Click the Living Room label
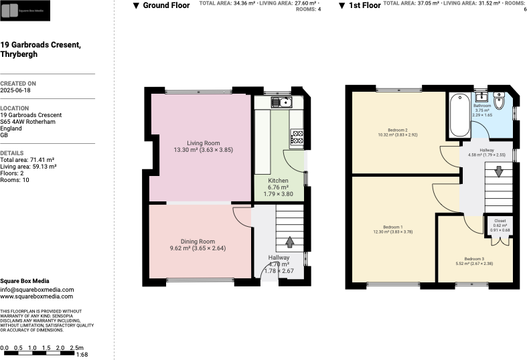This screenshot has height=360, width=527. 203,143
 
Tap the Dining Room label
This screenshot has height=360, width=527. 198,242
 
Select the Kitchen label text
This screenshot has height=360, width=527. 278,181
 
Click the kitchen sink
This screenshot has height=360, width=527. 281,102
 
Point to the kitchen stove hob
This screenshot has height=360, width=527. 297,139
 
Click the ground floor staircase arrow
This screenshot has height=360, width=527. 290,242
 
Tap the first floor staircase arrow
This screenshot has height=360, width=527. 498,172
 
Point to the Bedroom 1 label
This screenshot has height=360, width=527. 392,226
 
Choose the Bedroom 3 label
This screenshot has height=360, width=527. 474,258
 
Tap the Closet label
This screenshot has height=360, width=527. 500,220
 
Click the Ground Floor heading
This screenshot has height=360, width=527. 166,5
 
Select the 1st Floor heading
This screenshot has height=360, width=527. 364,5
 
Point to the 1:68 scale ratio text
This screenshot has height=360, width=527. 82,355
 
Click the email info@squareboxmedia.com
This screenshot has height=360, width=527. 32,289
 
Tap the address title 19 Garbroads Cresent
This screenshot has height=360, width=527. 40,45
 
